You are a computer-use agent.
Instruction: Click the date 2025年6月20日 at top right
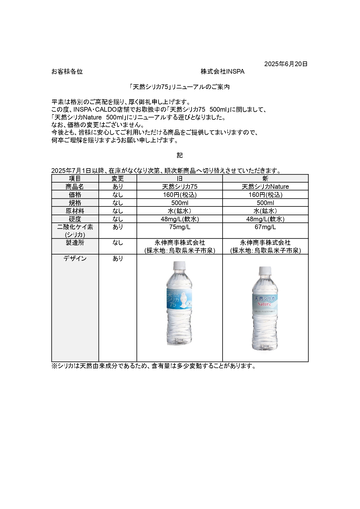pos(286,64)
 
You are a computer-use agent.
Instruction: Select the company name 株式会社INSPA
pos(222,72)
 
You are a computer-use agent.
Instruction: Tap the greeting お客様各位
pos(67,72)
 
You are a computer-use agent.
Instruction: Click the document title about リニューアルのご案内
pos(180,87)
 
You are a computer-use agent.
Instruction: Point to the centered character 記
pos(180,155)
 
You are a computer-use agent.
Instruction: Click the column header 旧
pos(180,179)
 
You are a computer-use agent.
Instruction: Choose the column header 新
pos(265,179)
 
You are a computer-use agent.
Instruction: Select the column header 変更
pos(118,179)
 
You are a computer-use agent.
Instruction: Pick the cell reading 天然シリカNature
pos(265,186)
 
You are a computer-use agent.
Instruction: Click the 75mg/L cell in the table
pos(180,227)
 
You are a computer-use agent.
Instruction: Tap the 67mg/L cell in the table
pos(265,227)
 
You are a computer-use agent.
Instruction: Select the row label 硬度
pos(75,219)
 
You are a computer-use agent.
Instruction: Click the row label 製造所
pos(75,243)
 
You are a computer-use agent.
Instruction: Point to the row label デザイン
pos(75,258)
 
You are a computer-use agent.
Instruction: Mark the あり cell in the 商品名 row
pos(118,186)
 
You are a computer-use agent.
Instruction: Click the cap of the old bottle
pos(179,265)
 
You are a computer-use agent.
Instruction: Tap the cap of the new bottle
pos(265,270)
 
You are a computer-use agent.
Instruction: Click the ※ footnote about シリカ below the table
pos(154,366)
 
